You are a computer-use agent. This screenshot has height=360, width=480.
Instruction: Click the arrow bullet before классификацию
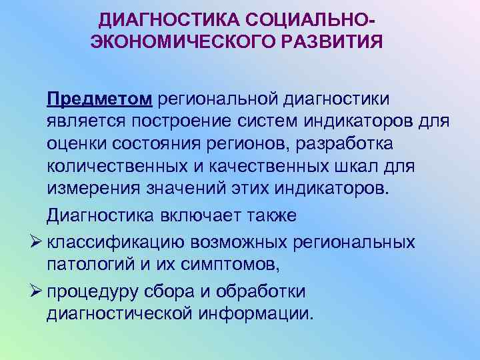pos(35,242)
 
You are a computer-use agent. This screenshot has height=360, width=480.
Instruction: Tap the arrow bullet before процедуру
pos(35,291)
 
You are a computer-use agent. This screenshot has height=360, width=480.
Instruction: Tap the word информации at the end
pos(260,313)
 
